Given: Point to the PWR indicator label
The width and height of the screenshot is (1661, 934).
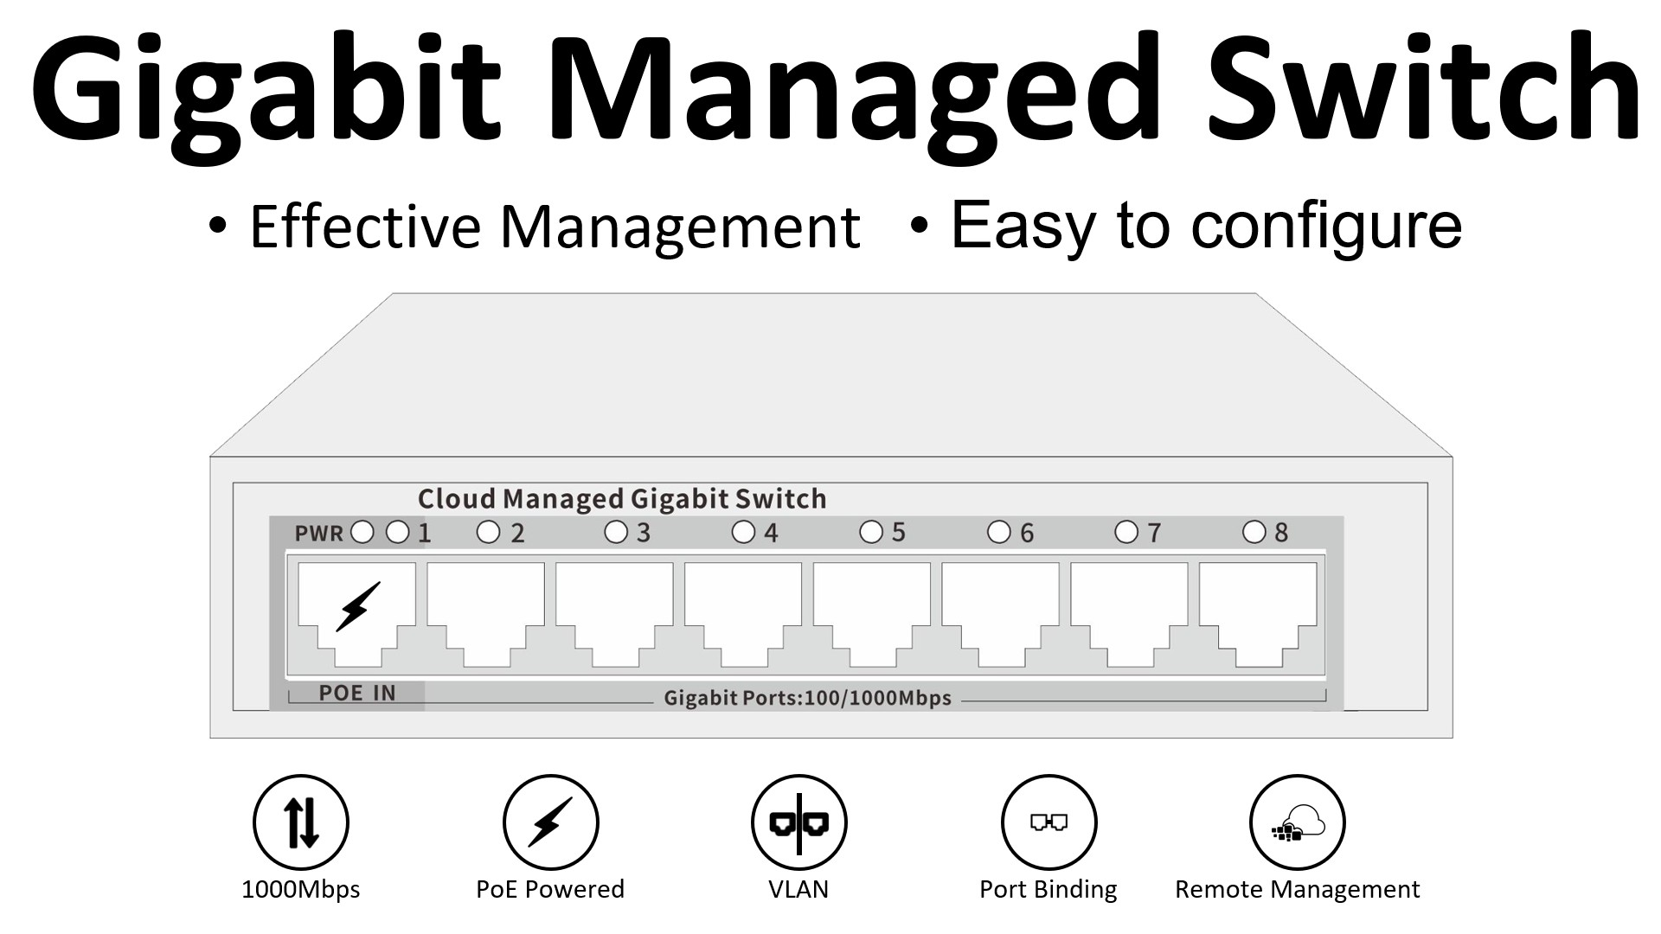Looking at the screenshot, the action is click(x=318, y=534).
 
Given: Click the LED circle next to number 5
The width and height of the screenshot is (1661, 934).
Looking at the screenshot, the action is click(x=871, y=532).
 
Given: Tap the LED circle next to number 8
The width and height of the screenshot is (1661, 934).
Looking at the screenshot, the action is click(x=1254, y=532).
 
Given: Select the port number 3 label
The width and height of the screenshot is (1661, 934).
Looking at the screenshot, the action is click(x=644, y=533).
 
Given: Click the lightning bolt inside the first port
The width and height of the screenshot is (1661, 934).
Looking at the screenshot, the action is click(x=357, y=606).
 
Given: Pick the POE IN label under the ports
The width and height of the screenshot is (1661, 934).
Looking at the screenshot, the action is click(x=357, y=693).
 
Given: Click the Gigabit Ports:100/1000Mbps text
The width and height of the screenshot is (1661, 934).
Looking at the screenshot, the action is click(x=807, y=698).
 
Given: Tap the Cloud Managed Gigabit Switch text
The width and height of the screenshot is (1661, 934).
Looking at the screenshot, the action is click(x=622, y=499).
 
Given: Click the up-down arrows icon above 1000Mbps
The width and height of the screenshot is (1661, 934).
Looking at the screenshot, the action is click(x=301, y=822).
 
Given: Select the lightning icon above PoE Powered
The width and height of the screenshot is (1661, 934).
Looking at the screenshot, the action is click(x=551, y=822).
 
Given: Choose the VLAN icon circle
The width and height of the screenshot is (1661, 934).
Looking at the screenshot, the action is click(x=799, y=822).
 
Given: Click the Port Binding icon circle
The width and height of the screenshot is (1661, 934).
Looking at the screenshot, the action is click(x=1049, y=822).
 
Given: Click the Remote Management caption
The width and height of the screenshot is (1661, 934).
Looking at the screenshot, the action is click(x=1297, y=890).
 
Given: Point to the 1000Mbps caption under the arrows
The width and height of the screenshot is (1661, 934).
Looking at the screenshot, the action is click(x=301, y=890).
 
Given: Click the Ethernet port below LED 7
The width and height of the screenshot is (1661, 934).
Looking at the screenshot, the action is click(x=1129, y=615).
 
